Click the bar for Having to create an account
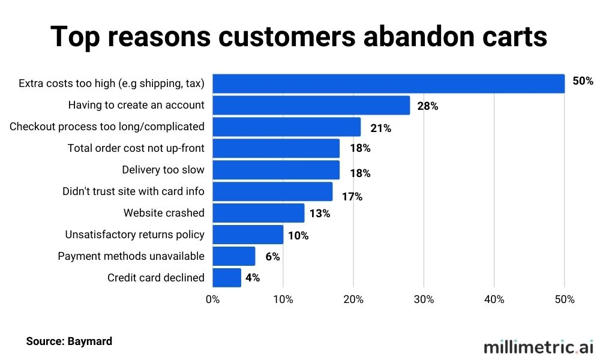coord(311,105)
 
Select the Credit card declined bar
coord(227,278)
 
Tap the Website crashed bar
coord(258,213)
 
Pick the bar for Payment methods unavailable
coord(234,256)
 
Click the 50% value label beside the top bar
coord(583,80)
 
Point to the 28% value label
coord(428,106)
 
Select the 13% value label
coord(320,214)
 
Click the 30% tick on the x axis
coord(424,299)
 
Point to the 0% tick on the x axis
coord(212,299)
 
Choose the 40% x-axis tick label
coord(494,299)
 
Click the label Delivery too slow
coord(163,170)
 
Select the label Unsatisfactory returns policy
coord(134,235)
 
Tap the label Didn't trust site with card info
coord(133,191)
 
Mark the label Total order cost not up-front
coord(136,148)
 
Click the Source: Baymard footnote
coord(69,341)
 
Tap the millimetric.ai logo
coord(538,347)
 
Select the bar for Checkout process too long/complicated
coord(287,127)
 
